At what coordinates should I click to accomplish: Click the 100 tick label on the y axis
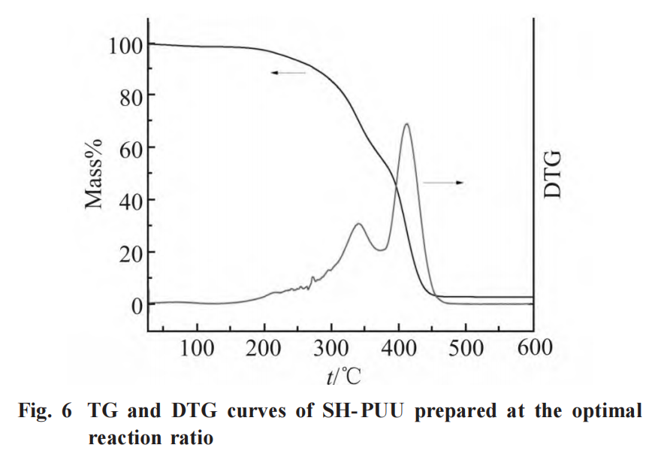[125, 45]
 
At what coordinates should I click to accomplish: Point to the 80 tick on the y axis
[130, 96]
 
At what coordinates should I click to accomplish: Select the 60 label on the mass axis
[130, 148]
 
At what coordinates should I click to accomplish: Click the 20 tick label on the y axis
[130, 253]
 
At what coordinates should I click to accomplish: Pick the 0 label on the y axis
[135, 305]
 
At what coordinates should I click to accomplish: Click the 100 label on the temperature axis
[197, 348]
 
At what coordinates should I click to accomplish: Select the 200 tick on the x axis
[264, 348]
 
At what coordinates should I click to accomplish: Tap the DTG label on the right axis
[553, 174]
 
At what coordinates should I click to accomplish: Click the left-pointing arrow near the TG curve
[288, 73]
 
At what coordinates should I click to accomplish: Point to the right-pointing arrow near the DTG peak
[444, 183]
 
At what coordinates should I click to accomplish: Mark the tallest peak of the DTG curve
[406, 125]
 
